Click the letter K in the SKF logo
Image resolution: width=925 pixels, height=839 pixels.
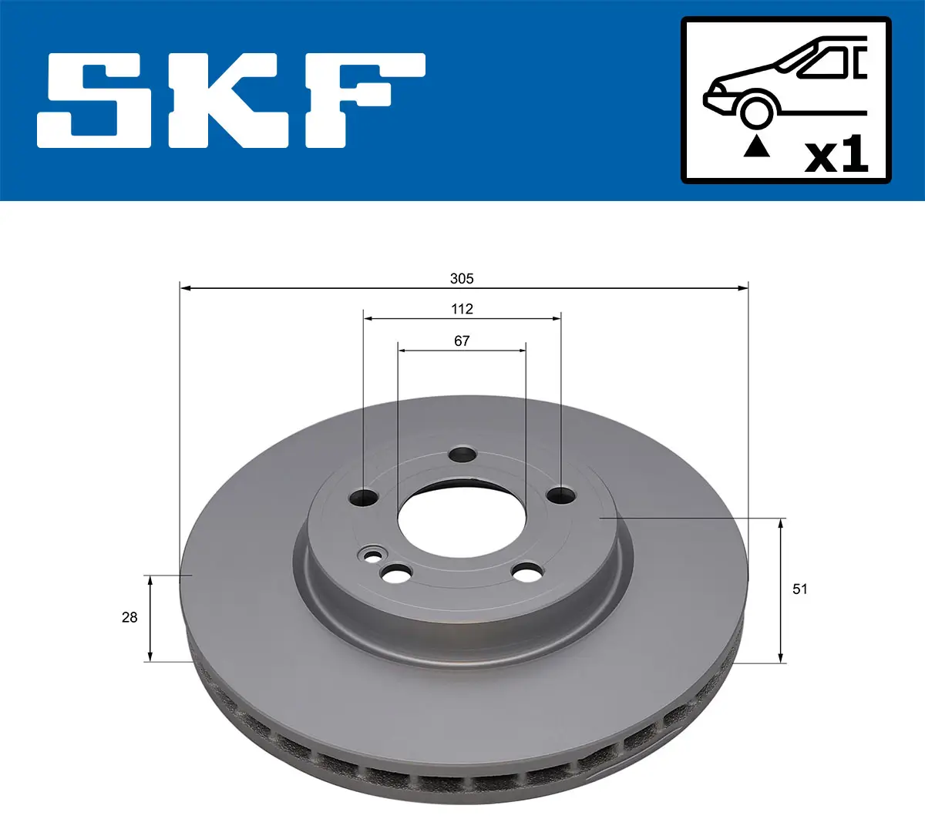click(x=231, y=100)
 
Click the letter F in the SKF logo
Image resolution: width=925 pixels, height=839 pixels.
click(x=362, y=100)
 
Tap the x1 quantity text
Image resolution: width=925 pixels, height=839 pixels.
click(x=836, y=156)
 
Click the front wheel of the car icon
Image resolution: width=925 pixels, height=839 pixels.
click(x=756, y=110)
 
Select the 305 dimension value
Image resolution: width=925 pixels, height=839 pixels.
click(x=462, y=278)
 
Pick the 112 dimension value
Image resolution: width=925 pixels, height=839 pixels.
click(x=462, y=309)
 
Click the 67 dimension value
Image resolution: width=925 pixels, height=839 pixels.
click(x=462, y=341)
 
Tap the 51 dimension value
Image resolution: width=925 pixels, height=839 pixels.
click(x=800, y=589)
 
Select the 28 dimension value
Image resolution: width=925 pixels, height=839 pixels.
click(x=129, y=617)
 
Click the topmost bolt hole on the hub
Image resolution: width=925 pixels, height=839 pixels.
click(x=463, y=455)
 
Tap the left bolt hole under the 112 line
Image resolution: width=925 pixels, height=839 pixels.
click(x=363, y=498)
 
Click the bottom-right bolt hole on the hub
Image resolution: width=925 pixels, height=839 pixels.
click(x=528, y=572)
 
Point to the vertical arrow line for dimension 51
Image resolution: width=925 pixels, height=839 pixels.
click(x=781, y=590)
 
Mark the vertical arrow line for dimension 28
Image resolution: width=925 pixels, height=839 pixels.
click(x=150, y=618)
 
